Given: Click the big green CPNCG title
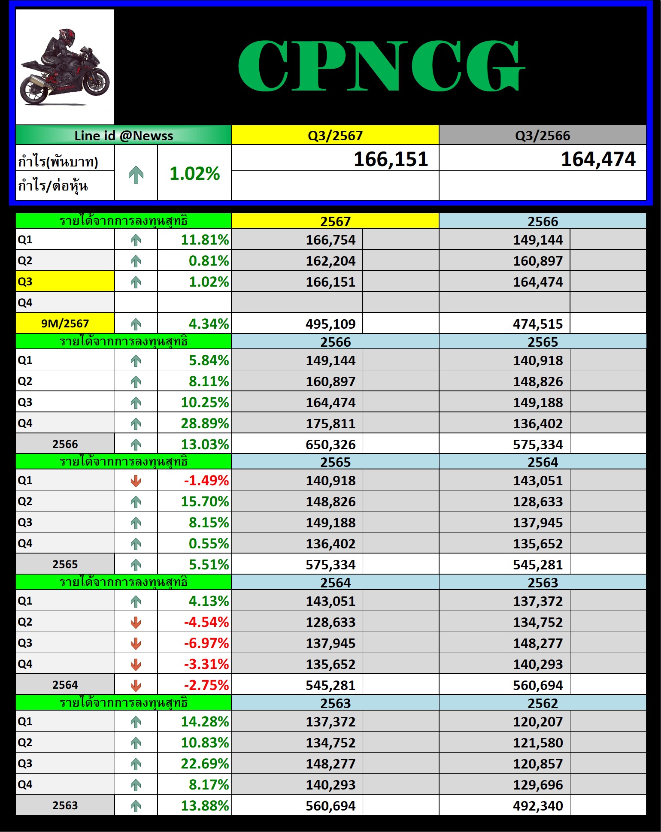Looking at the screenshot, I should [x=381, y=66].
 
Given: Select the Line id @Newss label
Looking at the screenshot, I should [x=124, y=136].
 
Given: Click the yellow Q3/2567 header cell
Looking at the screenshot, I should [x=335, y=136].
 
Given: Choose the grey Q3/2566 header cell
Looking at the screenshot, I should [x=543, y=136].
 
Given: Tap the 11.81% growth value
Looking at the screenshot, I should [x=205, y=239].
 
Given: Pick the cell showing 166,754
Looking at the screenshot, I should [x=330, y=240].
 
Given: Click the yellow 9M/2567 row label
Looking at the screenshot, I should [x=65, y=324].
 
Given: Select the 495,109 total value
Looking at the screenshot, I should [x=330, y=324].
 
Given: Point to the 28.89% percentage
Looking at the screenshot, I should [x=205, y=424].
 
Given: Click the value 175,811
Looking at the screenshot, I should [x=330, y=424].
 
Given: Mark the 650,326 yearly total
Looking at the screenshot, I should [x=330, y=445].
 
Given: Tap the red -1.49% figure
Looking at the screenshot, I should [x=206, y=481].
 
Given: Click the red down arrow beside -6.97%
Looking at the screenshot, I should [x=136, y=643].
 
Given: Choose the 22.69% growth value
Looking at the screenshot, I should [x=205, y=764].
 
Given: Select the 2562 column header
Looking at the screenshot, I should [x=543, y=703].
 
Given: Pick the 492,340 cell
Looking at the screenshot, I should [x=538, y=806].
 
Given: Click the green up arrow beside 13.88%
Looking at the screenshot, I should [x=136, y=806].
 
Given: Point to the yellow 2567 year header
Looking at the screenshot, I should [x=335, y=221].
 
